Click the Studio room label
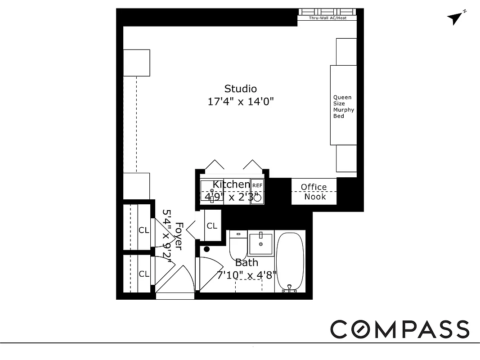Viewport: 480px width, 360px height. tap(240, 89)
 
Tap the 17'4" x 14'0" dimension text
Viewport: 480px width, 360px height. tap(240, 102)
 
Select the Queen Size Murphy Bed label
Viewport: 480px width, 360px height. tap(342, 107)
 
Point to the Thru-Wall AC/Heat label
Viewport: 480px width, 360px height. tap(327, 18)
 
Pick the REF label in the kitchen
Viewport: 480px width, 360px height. tap(257, 185)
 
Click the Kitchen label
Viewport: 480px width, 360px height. tap(231, 184)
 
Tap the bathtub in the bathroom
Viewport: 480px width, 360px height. tap(290, 261)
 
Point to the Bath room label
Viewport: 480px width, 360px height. tap(247, 262)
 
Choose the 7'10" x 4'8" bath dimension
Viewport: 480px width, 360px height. tap(247, 274)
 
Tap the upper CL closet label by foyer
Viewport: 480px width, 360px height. tap(144, 230)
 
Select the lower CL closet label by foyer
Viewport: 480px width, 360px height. tap(144, 274)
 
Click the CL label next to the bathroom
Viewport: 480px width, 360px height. tap(212, 226)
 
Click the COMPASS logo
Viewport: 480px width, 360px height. tap(400, 329)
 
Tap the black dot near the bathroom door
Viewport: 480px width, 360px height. tap(206, 249)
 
